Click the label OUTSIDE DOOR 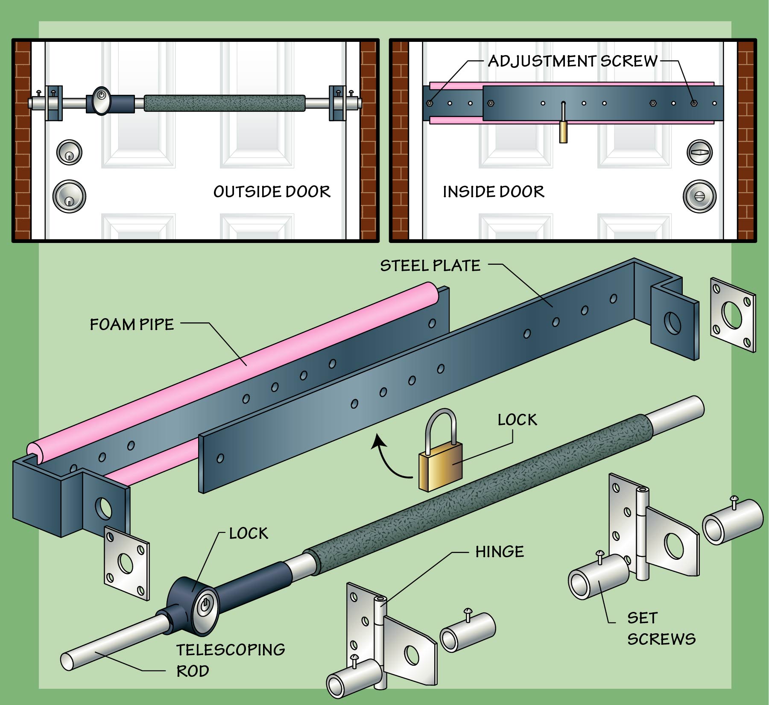point(272,192)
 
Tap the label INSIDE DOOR point(493,192)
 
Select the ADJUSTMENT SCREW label point(572,61)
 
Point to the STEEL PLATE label point(430,266)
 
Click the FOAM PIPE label point(132,325)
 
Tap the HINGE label point(499,552)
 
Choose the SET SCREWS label point(661,628)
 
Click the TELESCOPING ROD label point(231,660)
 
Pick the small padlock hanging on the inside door point(564,130)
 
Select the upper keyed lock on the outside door point(69,152)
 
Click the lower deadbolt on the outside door point(69,196)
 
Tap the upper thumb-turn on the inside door point(699,152)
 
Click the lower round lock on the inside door point(699,196)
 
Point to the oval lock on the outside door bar point(101,101)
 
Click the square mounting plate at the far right point(732,315)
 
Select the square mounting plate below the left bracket point(126,563)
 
